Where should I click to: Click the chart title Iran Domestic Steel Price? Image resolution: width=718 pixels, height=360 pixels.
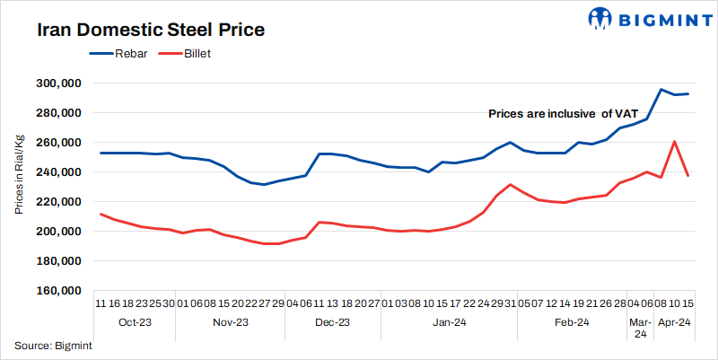(150, 30)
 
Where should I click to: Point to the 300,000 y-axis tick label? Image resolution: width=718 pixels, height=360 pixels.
(59, 83)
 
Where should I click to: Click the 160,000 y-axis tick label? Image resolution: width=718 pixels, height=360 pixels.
(59, 291)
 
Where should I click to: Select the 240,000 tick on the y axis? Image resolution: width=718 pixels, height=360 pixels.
(59, 172)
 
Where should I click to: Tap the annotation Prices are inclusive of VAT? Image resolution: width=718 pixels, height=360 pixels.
(563, 114)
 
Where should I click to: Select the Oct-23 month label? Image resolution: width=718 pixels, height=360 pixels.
(135, 322)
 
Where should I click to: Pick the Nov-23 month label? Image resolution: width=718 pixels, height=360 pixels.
(232, 322)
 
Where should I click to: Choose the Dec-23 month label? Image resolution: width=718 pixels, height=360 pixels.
(333, 322)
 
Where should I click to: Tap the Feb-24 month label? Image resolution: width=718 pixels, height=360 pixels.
(571, 322)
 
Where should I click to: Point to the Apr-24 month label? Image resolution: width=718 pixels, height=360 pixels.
(674, 322)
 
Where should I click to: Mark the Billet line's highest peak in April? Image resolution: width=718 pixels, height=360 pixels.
(674, 141)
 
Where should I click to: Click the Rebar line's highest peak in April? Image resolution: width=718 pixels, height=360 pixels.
(661, 90)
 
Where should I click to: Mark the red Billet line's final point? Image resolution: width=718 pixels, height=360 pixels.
(687, 175)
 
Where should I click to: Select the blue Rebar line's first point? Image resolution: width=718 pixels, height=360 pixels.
(101, 153)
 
